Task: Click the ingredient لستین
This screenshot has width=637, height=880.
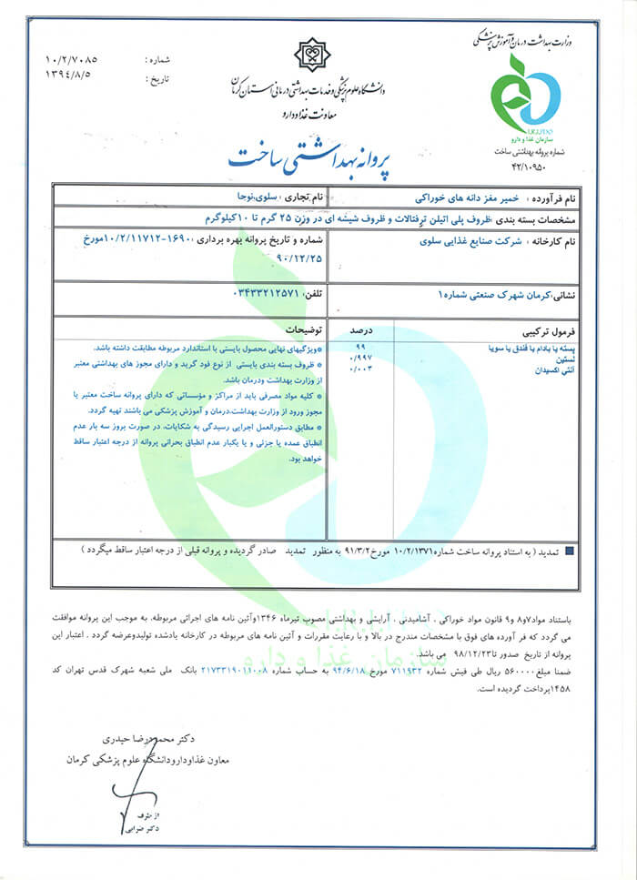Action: [x=569, y=359]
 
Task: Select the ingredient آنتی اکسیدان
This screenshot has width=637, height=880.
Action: [x=560, y=369]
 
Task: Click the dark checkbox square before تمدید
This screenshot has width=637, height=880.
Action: [x=570, y=551]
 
